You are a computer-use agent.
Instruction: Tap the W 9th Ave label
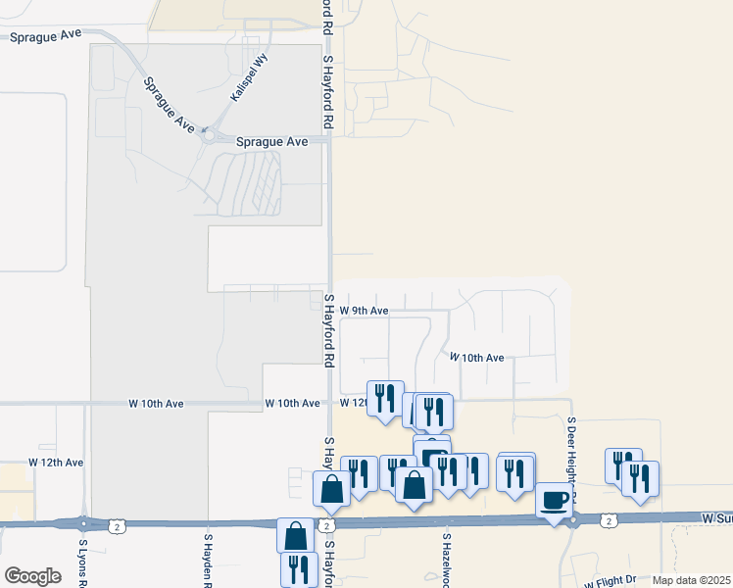pos(365,311)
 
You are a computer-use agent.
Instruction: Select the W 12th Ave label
pos(56,462)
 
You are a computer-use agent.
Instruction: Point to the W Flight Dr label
pos(611,580)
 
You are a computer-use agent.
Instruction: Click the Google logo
pos(32,576)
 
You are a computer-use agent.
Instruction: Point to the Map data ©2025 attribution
pos(691,580)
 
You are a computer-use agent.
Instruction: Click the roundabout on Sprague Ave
pos(207,137)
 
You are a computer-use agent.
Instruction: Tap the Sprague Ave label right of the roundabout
pos(272,141)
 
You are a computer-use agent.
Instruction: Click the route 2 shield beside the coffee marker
pos(609,519)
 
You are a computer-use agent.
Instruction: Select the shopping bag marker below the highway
pos(296,536)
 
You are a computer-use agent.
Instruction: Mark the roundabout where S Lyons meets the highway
pos(84,523)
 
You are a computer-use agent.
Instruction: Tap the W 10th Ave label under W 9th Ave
pos(477,358)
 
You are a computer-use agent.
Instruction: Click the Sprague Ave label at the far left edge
pos(44,35)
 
